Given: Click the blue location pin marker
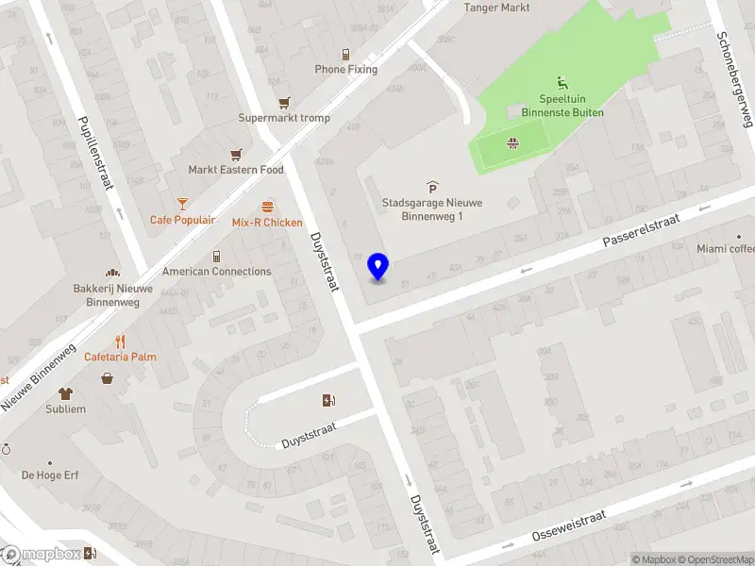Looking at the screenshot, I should pyautogui.click(x=378, y=267).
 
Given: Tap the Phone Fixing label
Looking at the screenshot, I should pyautogui.click(x=345, y=69).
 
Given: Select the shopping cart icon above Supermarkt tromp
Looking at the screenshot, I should pyautogui.click(x=283, y=103).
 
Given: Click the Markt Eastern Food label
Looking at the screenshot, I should pyautogui.click(x=235, y=170).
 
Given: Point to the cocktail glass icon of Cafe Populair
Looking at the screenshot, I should pyautogui.click(x=182, y=203).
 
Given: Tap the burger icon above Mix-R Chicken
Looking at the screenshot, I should pyautogui.click(x=267, y=207).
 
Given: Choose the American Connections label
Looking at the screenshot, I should pyautogui.click(x=216, y=272).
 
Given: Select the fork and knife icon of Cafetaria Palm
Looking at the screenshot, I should pyautogui.click(x=120, y=341).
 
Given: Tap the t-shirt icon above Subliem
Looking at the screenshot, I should pyautogui.click(x=65, y=393).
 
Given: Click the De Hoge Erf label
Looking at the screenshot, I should pyautogui.click(x=50, y=474).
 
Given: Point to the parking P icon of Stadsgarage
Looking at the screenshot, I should pyautogui.click(x=432, y=187).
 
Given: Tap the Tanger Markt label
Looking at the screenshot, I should pyautogui.click(x=496, y=8).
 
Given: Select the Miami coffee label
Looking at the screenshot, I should pyautogui.click(x=726, y=249).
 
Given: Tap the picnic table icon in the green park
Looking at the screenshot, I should pyautogui.click(x=512, y=144).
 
